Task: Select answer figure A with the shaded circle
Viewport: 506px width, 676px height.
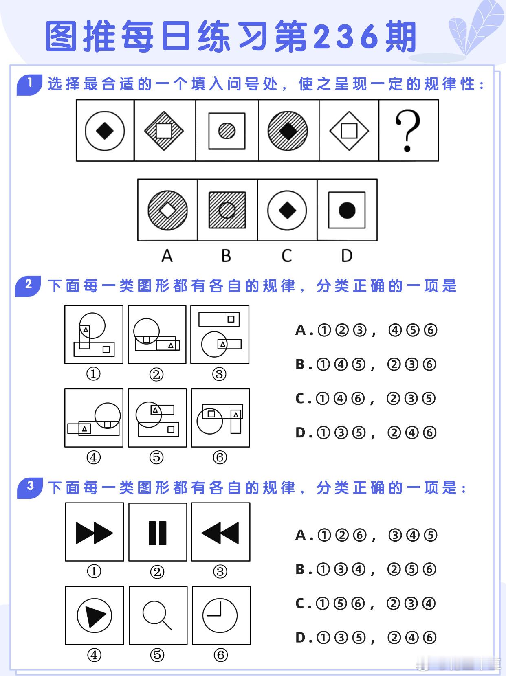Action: tap(167, 210)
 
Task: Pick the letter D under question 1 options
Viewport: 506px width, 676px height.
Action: tap(347, 256)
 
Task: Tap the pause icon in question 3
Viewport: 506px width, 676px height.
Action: tap(158, 533)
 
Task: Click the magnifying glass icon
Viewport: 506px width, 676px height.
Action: tap(157, 616)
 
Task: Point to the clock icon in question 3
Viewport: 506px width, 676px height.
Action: tap(220, 615)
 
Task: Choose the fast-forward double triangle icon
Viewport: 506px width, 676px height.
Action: tap(94, 533)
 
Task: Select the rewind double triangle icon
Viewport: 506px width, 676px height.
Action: tap(220, 533)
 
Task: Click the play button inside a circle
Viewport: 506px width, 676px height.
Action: tap(94, 615)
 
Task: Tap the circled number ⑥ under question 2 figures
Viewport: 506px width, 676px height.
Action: tap(220, 457)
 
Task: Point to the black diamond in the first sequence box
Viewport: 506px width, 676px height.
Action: tap(105, 131)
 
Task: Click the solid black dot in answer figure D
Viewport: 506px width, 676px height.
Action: tap(347, 210)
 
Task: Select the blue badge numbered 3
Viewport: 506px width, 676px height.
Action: tap(29, 487)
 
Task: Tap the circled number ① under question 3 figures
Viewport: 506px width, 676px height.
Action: tap(94, 572)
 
